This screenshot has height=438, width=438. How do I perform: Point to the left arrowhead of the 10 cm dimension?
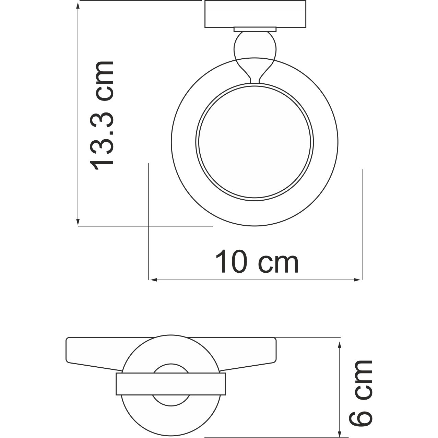(x=153, y=280)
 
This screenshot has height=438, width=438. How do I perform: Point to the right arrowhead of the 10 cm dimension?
(x=358, y=280)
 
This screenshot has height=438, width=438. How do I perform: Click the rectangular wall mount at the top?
(x=256, y=14)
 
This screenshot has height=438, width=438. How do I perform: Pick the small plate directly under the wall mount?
(x=255, y=29)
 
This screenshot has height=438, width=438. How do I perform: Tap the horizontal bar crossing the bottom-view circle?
(x=171, y=384)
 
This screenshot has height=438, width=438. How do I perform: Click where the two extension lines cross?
(x=148, y=226)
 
